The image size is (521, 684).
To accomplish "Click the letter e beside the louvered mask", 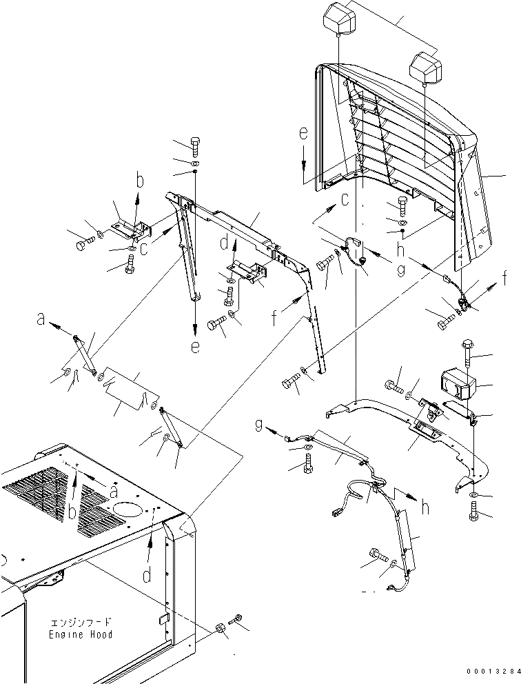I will pos(303,134).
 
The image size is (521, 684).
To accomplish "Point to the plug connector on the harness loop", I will pos(336,514).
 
